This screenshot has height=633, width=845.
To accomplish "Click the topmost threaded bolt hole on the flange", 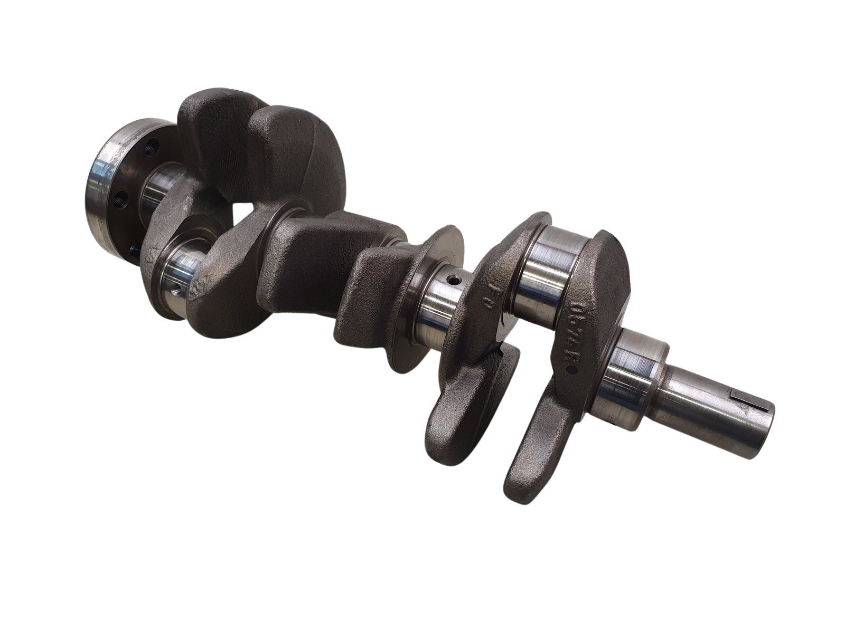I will click(x=152, y=143).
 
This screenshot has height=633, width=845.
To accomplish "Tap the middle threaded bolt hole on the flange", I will click(x=123, y=200).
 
